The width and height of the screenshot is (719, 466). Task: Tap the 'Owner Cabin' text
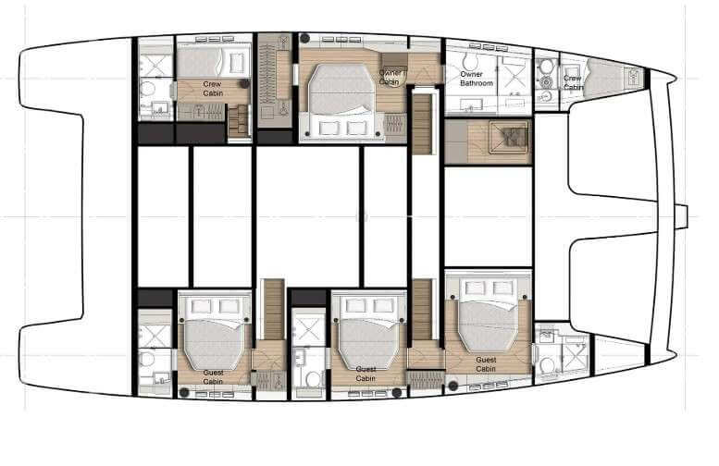(x=389, y=77)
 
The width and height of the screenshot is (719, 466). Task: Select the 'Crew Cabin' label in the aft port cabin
(x=212, y=86)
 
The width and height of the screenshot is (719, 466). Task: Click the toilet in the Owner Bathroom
(x=546, y=81)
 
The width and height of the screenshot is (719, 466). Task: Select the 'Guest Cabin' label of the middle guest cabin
(x=365, y=375)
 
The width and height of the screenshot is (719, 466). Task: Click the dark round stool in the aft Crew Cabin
(x=243, y=83)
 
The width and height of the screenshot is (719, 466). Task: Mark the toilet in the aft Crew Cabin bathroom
(x=149, y=89)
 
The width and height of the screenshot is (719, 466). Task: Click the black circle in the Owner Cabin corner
(x=304, y=39)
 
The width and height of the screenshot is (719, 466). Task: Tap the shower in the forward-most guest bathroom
(x=573, y=354)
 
